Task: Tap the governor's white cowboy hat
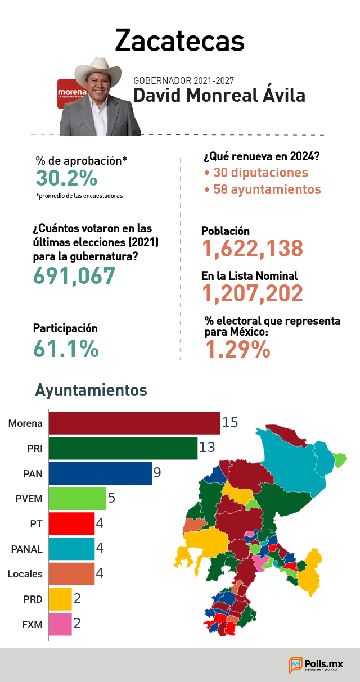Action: pyautogui.click(x=98, y=71)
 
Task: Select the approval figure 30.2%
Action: pyautogui.click(x=66, y=178)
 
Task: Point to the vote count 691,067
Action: pyautogui.click(x=74, y=276)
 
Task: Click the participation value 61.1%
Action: pyautogui.click(x=66, y=349)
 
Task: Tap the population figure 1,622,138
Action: pyautogui.click(x=253, y=249)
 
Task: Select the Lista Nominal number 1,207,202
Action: pyautogui.click(x=253, y=293)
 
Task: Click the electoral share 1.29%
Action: pyautogui.click(x=237, y=349)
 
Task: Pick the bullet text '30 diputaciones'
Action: pyautogui.click(x=260, y=173)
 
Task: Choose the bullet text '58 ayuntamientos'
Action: pyautogui.click(x=267, y=189)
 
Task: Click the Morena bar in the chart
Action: pyautogui.click(x=134, y=423)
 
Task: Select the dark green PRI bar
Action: pyautogui.click(x=123, y=449)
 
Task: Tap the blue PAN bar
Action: pyautogui.click(x=100, y=473)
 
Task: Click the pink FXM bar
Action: pyautogui.click(x=60, y=624)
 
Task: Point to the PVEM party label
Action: pyautogui.click(x=29, y=499)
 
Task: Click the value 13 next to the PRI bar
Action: pyautogui.click(x=207, y=448)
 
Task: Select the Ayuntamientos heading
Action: pyautogui.click(x=91, y=390)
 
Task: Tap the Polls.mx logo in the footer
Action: pyautogui.click(x=316, y=665)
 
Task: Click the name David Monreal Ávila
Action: pyautogui.click(x=219, y=95)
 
